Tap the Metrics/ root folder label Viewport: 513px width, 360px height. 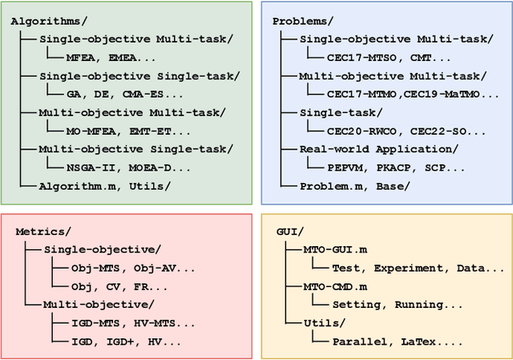coord(42,232)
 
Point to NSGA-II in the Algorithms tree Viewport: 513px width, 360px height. coord(99,168)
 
